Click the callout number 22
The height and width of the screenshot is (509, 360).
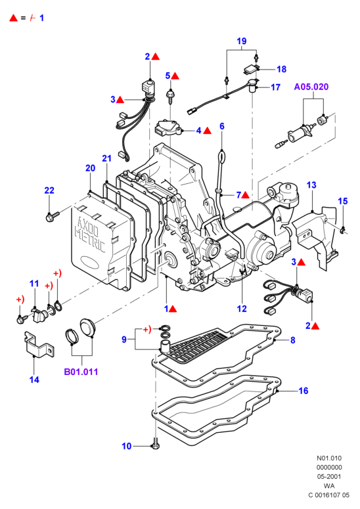49,190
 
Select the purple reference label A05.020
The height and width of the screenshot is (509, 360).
311,87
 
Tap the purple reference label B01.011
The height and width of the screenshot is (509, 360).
81,372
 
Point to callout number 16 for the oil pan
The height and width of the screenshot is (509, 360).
304,391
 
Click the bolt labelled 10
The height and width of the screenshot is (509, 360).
156,443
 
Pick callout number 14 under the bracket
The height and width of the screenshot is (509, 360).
34,380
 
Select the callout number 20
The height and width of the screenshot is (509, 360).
90,168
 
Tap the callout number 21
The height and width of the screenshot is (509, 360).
107,158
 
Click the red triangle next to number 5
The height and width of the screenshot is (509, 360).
175,76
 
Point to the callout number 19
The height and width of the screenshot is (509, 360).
242,41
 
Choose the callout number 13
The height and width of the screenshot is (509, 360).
311,185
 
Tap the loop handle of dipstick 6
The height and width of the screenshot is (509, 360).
221,156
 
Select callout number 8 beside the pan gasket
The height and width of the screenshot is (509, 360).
293,340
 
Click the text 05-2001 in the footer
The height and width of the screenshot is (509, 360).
329,477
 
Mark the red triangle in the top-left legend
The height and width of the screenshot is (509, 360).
13,18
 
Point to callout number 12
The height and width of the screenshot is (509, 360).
242,309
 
